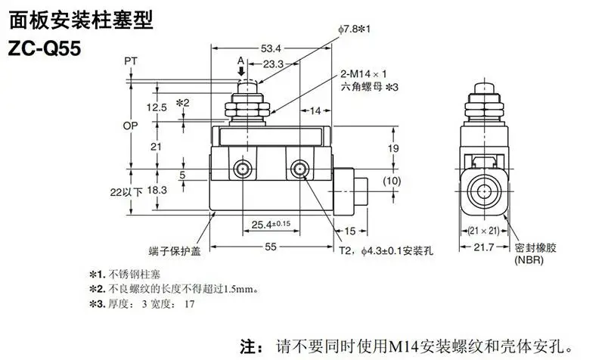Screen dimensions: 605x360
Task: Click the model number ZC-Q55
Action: [45, 48]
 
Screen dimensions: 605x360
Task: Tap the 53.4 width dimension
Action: [271, 48]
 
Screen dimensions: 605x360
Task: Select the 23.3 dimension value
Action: [273, 64]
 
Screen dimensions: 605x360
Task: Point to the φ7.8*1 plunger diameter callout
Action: [354, 29]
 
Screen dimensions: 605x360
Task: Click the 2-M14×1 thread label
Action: [363, 73]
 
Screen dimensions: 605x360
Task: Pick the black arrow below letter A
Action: [241, 71]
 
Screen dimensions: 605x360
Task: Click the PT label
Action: [131, 61]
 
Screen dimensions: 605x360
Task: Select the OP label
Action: [130, 126]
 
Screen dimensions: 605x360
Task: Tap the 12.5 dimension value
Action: [157, 107]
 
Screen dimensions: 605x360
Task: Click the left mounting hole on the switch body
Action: [243, 169]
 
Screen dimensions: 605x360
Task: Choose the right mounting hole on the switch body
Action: [299, 169]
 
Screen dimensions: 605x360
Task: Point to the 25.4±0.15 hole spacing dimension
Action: [271, 224]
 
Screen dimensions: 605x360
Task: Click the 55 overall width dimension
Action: [271, 247]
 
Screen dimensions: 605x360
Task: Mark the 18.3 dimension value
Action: [157, 190]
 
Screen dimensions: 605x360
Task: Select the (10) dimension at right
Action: [392, 181]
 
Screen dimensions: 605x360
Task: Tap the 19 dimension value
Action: [393, 148]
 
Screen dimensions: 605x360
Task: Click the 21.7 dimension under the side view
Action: [484, 247]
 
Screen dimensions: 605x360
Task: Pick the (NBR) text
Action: [529, 259]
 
